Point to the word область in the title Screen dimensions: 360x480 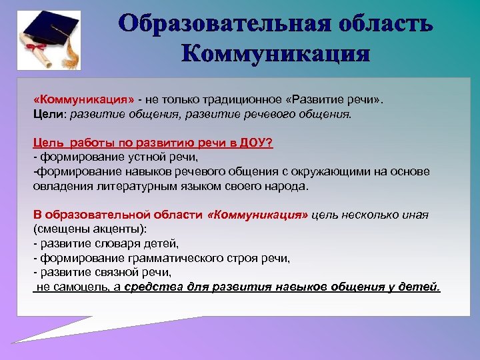(383, 25)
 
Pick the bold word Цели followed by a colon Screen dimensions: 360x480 (47, 113)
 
